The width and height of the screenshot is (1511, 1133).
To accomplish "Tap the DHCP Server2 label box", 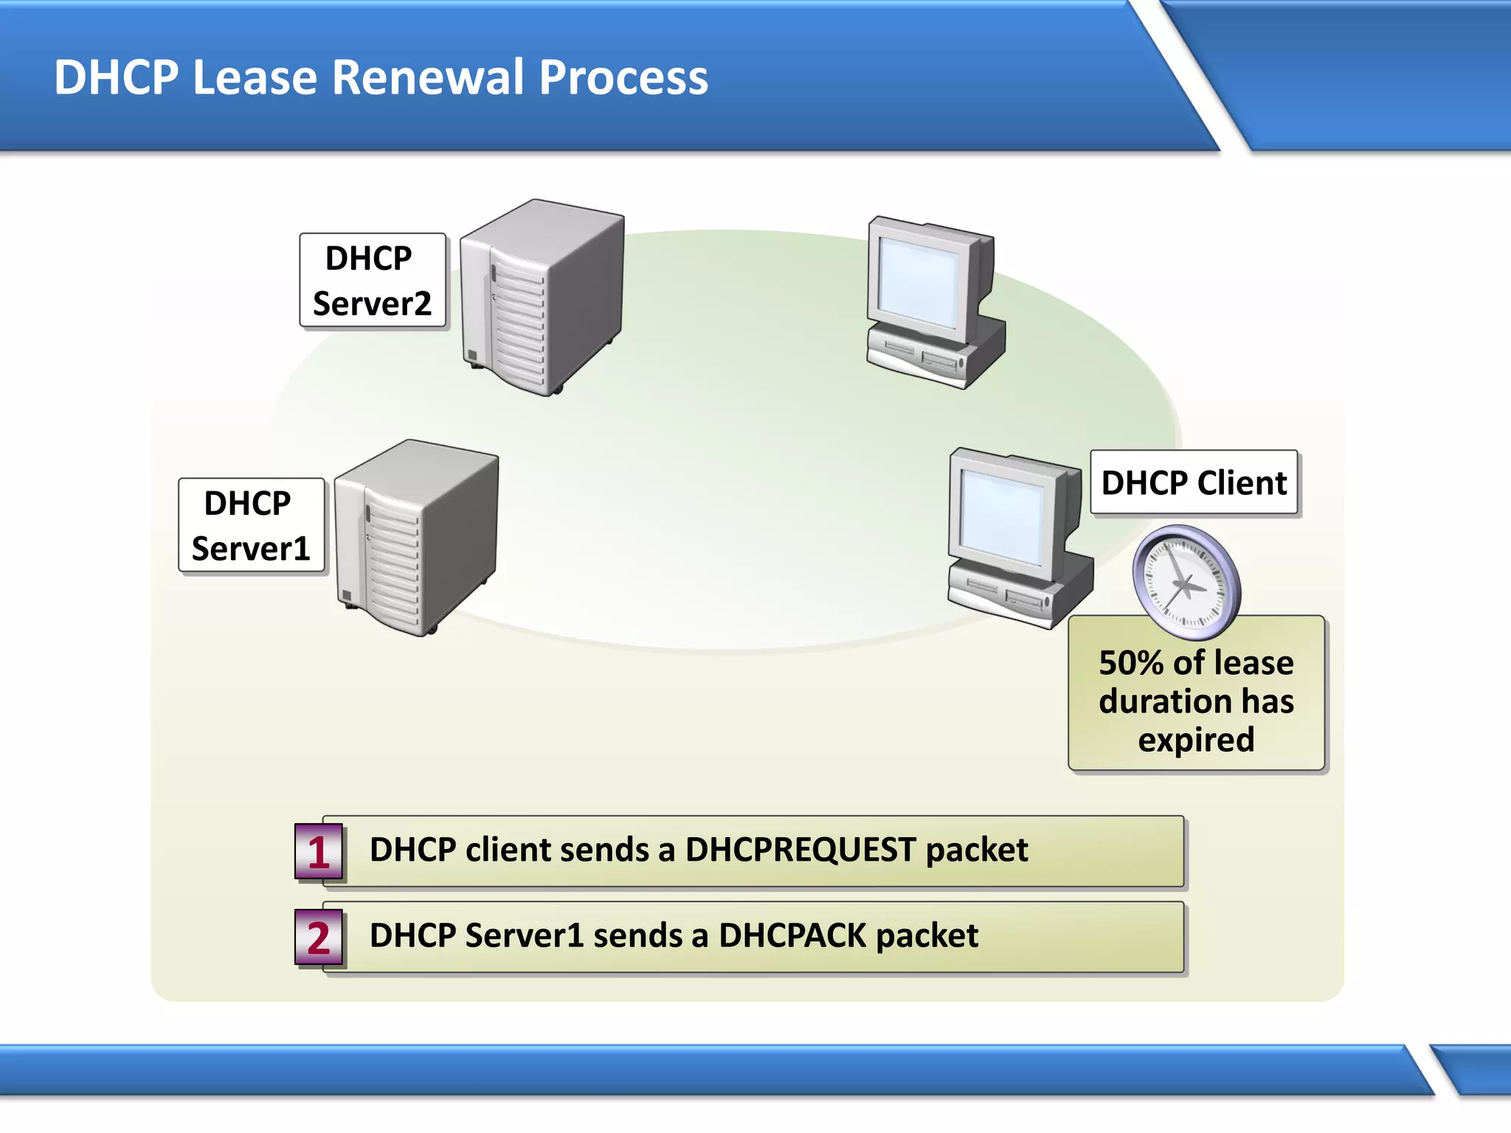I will [x=372, y=280].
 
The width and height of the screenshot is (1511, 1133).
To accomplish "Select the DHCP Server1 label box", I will [x=251, y=525].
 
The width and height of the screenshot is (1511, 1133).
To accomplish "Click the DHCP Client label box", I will [x=1193, y=483].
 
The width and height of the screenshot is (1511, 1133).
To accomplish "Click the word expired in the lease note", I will [x=1196, y=740].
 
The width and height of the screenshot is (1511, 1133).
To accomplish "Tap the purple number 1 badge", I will [x=318, y=853].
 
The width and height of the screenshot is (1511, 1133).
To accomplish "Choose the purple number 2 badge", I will [x=318, y=938].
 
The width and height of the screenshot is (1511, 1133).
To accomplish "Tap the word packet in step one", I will [x=976, y=850].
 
